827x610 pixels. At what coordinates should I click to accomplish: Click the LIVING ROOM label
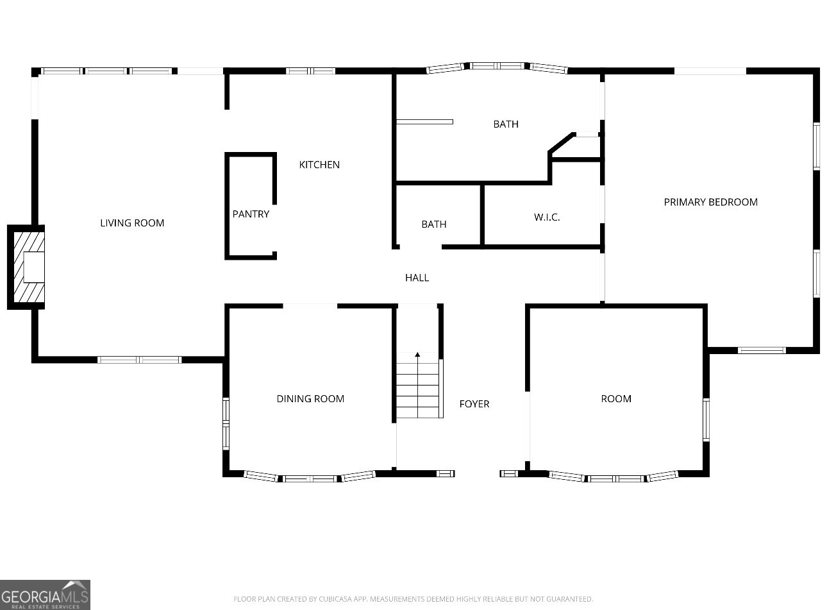[x=132, y=223]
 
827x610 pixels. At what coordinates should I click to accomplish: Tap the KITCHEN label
[x=319, y=165]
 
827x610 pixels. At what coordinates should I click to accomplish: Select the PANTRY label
[x=251, y=214]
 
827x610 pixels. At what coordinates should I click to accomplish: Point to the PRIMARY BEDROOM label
[x=710, y=202]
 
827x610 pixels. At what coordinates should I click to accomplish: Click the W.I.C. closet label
[x=547, y=217]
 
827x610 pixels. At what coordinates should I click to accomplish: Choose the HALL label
[x=417, y=278]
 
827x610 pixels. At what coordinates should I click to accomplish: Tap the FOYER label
[x=474, y=404]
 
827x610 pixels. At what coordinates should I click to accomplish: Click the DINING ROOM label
[x=310, y=399]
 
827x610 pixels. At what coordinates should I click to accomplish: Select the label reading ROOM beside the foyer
[x=616, y=399]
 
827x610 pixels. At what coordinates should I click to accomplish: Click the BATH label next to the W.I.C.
[x=434, y=225]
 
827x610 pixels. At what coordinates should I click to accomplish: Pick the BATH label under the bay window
[x=506, y=124]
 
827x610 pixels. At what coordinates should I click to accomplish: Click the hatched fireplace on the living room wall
[x=27, y=267]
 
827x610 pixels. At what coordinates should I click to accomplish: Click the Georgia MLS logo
[x=45, y=595]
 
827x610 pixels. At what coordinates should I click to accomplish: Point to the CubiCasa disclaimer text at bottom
[x=413, y=599]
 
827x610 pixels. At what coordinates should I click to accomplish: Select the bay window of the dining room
[x=310, y=477]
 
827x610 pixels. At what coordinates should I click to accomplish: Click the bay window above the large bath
[x=497, y=66]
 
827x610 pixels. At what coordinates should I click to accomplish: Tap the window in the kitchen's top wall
[x=310, y=71]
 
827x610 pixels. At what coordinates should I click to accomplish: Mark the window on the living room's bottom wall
[x=140, y=360]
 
